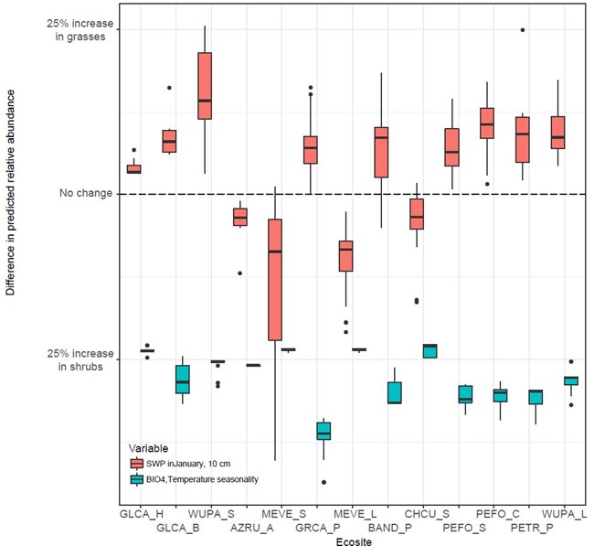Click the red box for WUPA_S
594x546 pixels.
205,86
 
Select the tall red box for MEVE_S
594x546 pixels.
274,279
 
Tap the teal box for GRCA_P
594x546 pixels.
324,431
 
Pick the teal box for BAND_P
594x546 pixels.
395,392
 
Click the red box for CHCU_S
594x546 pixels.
417,214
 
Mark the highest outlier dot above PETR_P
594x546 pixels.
523,30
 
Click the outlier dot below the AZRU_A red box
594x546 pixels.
240,273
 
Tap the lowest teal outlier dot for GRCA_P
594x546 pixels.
324,482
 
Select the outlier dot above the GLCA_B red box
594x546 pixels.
169,88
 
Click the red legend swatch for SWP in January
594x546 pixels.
136,465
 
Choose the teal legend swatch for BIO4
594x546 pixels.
136,479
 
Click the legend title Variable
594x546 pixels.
147,448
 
